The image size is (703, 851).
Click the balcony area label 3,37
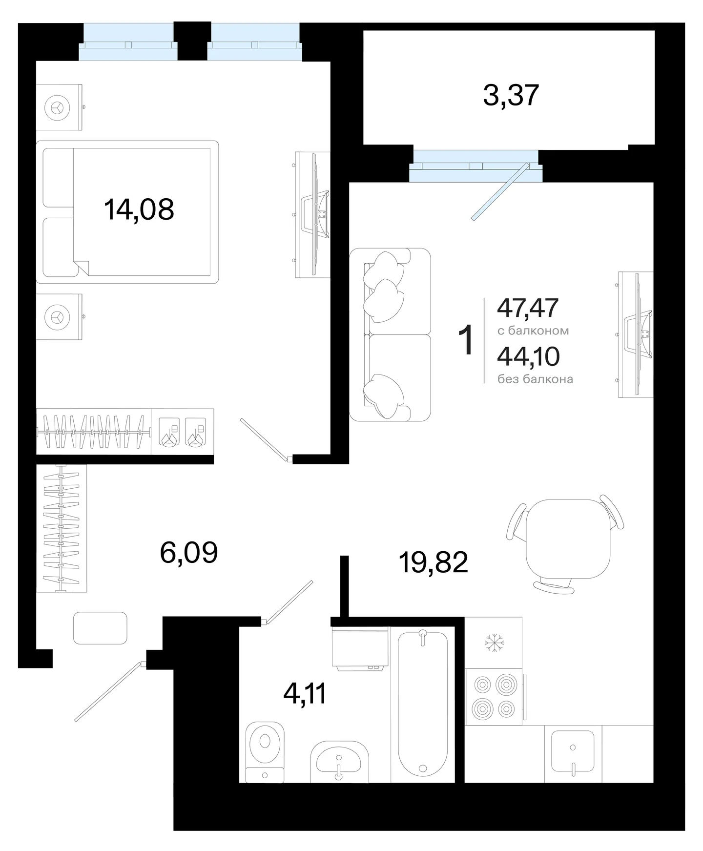(511, 96)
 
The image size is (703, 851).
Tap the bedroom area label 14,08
(139, 210)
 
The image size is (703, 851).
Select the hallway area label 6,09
(189, 553)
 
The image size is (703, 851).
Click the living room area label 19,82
(434, 562)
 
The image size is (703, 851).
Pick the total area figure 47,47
(528, 308)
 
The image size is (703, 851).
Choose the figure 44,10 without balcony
(528, 356)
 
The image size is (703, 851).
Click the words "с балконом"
(533, 331)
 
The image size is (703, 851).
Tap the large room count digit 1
(467, 340)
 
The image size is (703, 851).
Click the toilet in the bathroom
(265, 751)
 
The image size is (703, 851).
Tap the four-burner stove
(494, 696)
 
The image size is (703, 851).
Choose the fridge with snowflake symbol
(494, 643)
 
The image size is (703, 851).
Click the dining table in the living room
(568, 539)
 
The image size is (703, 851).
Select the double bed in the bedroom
(127, 212)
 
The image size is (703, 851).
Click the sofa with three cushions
(390, 334)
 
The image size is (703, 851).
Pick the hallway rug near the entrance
(100, 628)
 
